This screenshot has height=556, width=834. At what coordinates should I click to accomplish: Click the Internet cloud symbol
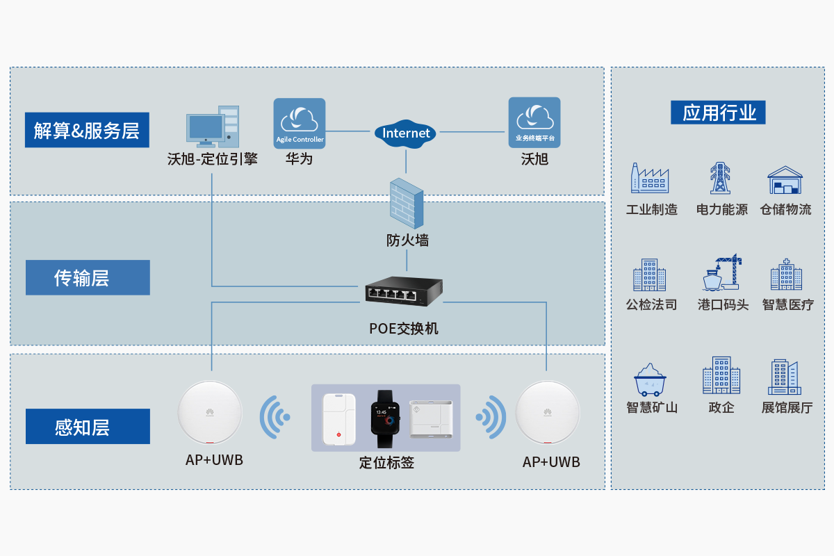pos(407,133)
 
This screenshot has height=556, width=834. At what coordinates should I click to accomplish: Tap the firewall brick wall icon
pos(407,203)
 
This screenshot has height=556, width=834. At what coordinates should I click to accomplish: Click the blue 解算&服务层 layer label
pos(87,130)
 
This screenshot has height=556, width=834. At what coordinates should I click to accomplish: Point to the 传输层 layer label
pos(88,277)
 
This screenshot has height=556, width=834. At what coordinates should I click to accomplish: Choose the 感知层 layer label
pos(88,426)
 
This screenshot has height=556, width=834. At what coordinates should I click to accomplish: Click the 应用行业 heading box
pos(718,113)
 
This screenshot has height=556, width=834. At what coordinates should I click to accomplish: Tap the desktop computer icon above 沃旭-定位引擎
pos(213,126)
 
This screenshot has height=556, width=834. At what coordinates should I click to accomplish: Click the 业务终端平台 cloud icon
pos(534,122)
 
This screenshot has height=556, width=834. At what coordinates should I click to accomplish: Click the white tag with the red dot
pos(339,420)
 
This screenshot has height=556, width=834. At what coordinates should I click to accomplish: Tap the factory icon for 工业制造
pos(649,179)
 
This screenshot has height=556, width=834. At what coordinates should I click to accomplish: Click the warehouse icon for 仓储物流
pos(785,180)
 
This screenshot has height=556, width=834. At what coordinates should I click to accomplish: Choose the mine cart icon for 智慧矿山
pos(651,379)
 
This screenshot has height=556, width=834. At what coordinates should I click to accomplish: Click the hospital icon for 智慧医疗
pos(786,275)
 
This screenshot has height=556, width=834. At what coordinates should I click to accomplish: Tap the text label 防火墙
pos(407,240)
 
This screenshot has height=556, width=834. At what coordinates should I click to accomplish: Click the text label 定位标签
pos(386,461)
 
